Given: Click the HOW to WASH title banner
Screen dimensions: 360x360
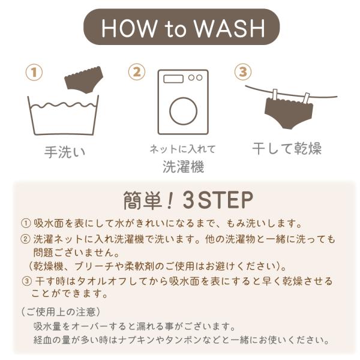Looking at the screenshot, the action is coord(181,27).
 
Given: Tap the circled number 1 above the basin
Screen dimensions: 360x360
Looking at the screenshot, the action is coord(34,73).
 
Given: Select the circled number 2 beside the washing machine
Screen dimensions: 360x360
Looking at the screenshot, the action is coord(137,72).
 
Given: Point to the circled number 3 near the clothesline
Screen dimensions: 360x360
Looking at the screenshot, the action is coord(243,71).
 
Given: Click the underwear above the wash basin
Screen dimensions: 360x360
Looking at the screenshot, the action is coord(84,79).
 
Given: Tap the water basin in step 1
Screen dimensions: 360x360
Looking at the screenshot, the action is coord(63,115).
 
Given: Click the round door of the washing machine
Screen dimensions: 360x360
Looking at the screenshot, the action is coord(183,111).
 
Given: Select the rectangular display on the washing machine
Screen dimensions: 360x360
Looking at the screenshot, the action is coord(173,79).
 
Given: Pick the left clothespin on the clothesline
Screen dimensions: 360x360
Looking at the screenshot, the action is coord(275,95).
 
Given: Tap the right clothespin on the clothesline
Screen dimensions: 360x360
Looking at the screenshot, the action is coord(306,98).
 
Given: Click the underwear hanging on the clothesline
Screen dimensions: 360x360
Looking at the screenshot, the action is coord(289,113).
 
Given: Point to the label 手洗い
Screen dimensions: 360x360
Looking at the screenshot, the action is coord(65,152).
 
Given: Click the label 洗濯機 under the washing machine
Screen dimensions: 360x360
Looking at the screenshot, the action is coord(183,166).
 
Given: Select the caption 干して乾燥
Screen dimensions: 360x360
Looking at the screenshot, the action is coord(287,148).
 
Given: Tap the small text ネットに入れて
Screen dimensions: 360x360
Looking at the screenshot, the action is coord(183,149).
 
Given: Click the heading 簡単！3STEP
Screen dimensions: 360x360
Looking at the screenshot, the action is coord(188,200).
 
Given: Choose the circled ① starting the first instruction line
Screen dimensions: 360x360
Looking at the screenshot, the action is coord(25,223).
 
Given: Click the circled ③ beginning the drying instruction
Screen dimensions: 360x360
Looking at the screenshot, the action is coord(26,281).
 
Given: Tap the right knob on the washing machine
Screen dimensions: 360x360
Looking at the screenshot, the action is coord(199,77).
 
